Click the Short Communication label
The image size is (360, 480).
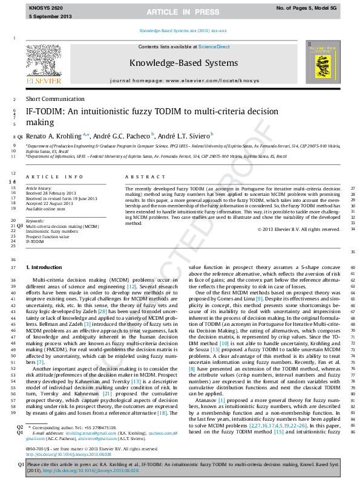(54, 99)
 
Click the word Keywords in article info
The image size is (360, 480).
(36, 221)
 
